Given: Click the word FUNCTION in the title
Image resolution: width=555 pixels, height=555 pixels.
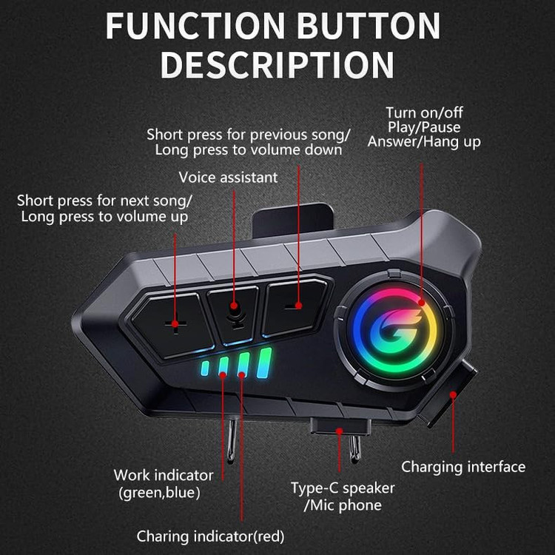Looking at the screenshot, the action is click(195, 25).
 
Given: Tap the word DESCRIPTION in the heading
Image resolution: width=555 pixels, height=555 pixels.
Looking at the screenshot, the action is click(277, 64).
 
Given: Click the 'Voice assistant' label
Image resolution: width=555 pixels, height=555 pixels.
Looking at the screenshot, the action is click(228, 178).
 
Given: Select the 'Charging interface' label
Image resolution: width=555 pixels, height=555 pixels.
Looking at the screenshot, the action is click(463, 467).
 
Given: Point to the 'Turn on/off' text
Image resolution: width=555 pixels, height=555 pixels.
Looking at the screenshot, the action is click(424, 112).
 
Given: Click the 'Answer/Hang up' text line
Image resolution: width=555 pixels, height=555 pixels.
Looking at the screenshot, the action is click(424, 141).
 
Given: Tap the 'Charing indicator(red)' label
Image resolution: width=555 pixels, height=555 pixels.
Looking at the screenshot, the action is click(211, 536).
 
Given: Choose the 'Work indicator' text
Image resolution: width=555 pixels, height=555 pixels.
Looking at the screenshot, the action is click(164, 475).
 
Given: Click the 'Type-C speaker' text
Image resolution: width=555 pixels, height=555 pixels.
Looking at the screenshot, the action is click(343, 488).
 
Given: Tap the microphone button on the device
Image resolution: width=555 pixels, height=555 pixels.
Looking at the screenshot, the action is click(233, 314).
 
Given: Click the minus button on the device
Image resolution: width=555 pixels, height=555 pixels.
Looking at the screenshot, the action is click(295, 306).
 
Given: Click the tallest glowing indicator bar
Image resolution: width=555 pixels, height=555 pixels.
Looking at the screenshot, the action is click(264, 363).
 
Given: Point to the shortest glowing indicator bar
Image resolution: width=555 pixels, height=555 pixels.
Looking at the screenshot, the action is click(204, 368).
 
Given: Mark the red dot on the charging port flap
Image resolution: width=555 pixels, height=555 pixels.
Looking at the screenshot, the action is click(453, 394).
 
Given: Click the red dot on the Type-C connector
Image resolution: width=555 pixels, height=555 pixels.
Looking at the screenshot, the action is click(339, 431).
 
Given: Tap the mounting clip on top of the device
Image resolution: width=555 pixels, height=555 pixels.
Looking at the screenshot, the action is click(293, 221).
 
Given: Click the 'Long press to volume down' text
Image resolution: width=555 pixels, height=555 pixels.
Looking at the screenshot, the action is click(249, 149).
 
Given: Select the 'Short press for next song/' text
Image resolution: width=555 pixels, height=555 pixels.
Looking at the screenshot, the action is click(104, 201).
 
